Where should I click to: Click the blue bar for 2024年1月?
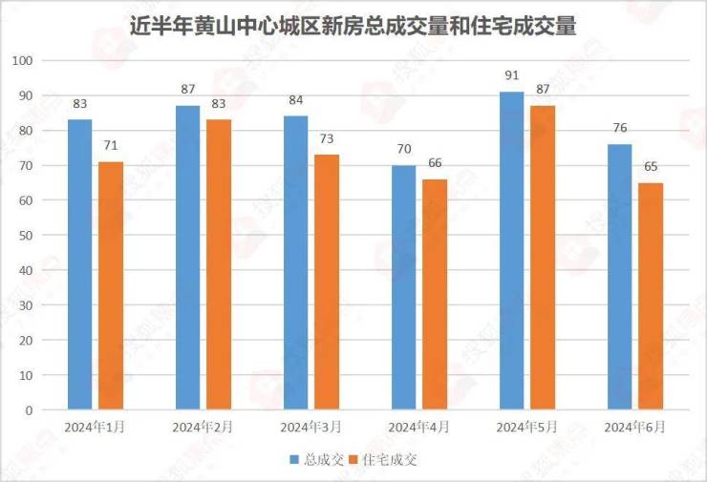[x=80, y=265]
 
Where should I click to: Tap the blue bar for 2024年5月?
[x=511, y=251]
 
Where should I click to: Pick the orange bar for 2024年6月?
[x=651, y=297]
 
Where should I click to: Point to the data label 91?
[x=511, y=74]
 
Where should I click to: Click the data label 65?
[x=651, y=167]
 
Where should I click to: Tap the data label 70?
[x=403, y=149]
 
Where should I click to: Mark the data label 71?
[x=111, y=145]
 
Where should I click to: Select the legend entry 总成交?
[x=315, y=460]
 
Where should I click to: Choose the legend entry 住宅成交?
[x=387, y=460]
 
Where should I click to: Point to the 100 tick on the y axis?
[x=23, y=60]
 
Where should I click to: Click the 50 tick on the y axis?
[x=27, y=236]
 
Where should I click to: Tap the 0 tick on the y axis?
[x=30, y=410]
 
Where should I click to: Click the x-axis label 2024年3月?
[x=311, y=427]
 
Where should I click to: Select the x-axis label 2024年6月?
[x=634, y=427]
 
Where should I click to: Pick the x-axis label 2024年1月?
[x=96, y=427]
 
